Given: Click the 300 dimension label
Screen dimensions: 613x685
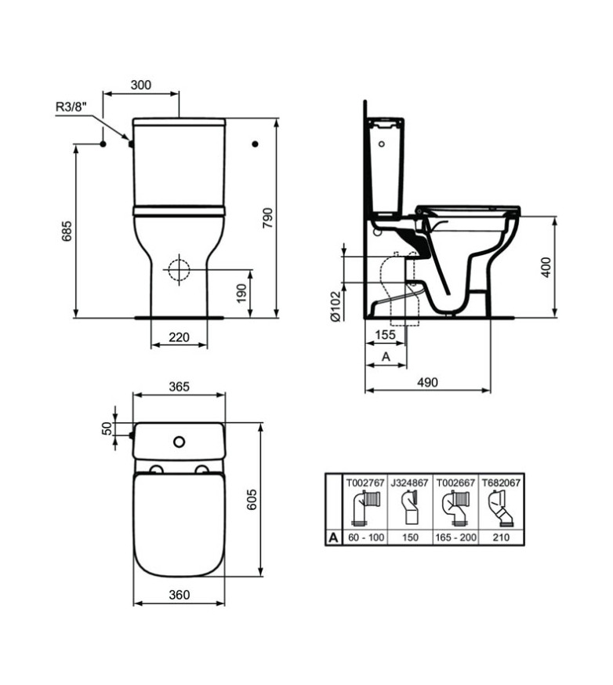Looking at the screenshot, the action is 141,85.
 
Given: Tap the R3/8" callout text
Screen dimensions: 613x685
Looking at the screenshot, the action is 71,107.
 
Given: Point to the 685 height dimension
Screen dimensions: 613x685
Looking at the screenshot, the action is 67,231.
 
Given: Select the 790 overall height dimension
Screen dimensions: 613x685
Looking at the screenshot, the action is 267,217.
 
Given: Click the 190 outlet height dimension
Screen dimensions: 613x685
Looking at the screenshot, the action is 241,293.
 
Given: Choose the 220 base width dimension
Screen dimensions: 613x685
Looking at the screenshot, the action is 179,337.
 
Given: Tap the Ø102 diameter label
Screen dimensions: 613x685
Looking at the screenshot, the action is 335,307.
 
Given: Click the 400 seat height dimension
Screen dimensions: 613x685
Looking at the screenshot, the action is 546,267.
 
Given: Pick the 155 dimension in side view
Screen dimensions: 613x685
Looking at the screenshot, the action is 385,334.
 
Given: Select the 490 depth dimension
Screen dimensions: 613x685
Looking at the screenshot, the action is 427,382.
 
